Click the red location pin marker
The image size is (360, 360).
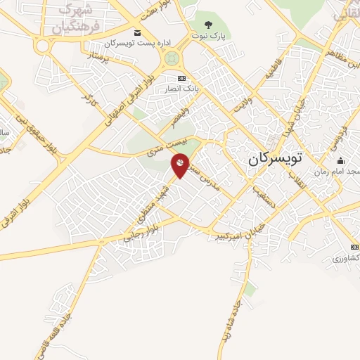click(180, 166)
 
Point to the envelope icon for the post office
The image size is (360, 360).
click(136, 33)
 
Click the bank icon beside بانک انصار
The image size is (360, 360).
click(181, 78)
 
